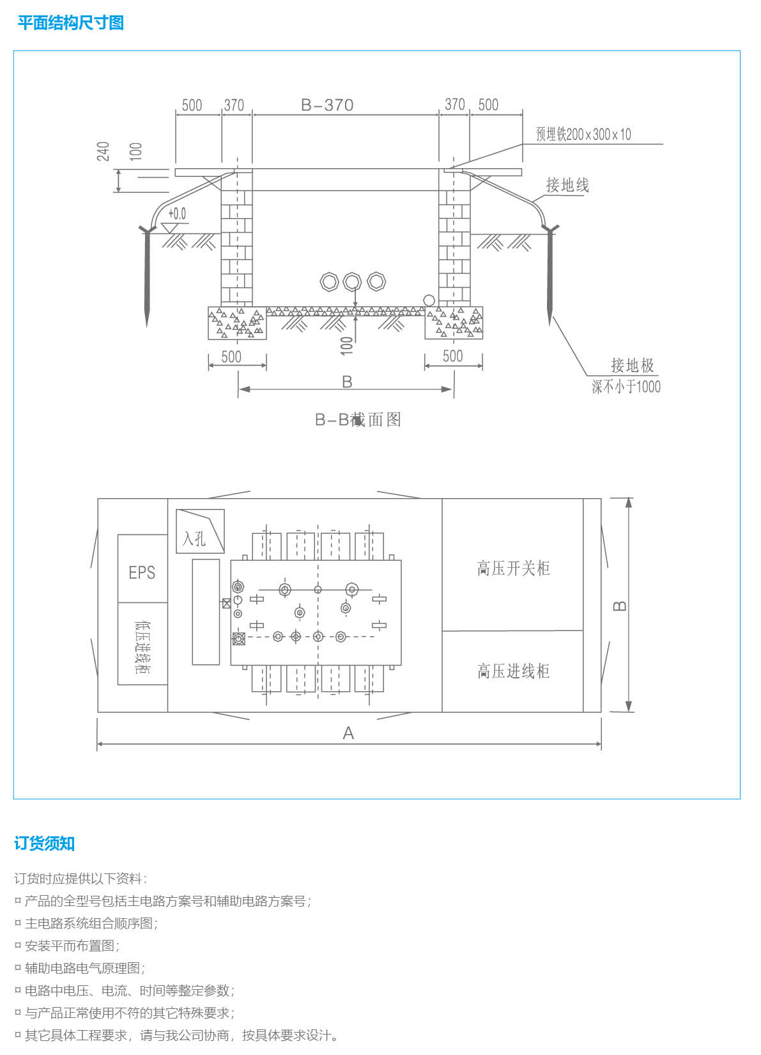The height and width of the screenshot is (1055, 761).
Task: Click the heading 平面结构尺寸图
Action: pos(70,23)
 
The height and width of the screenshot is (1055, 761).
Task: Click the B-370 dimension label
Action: pos(327,105)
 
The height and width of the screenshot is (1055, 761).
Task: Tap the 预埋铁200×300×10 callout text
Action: pos(583,134)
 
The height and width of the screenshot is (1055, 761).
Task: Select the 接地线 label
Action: pos(567,185)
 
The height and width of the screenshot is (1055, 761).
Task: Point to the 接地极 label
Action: pos(632,365)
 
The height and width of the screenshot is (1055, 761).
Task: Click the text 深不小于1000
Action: pos(626,386)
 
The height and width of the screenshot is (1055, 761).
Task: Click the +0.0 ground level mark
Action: pos(177,214)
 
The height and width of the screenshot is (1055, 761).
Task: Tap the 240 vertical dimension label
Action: pos(103,152)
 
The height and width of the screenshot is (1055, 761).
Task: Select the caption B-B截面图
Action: pos(358,419)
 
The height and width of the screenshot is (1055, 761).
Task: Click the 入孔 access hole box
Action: pos(199,531)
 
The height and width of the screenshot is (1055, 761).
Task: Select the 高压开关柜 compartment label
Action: pos(513,568)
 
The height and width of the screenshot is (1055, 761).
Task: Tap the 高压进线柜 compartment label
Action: pos(513,671)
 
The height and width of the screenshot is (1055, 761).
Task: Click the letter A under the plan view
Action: pos(348,733)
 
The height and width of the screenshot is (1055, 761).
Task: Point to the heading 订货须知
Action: pos(44,843)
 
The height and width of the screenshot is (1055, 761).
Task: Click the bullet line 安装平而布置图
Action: pos(72,946)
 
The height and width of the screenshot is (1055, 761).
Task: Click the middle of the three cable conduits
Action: pos(352,281)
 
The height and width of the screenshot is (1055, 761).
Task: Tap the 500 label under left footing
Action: pos(231,356)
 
